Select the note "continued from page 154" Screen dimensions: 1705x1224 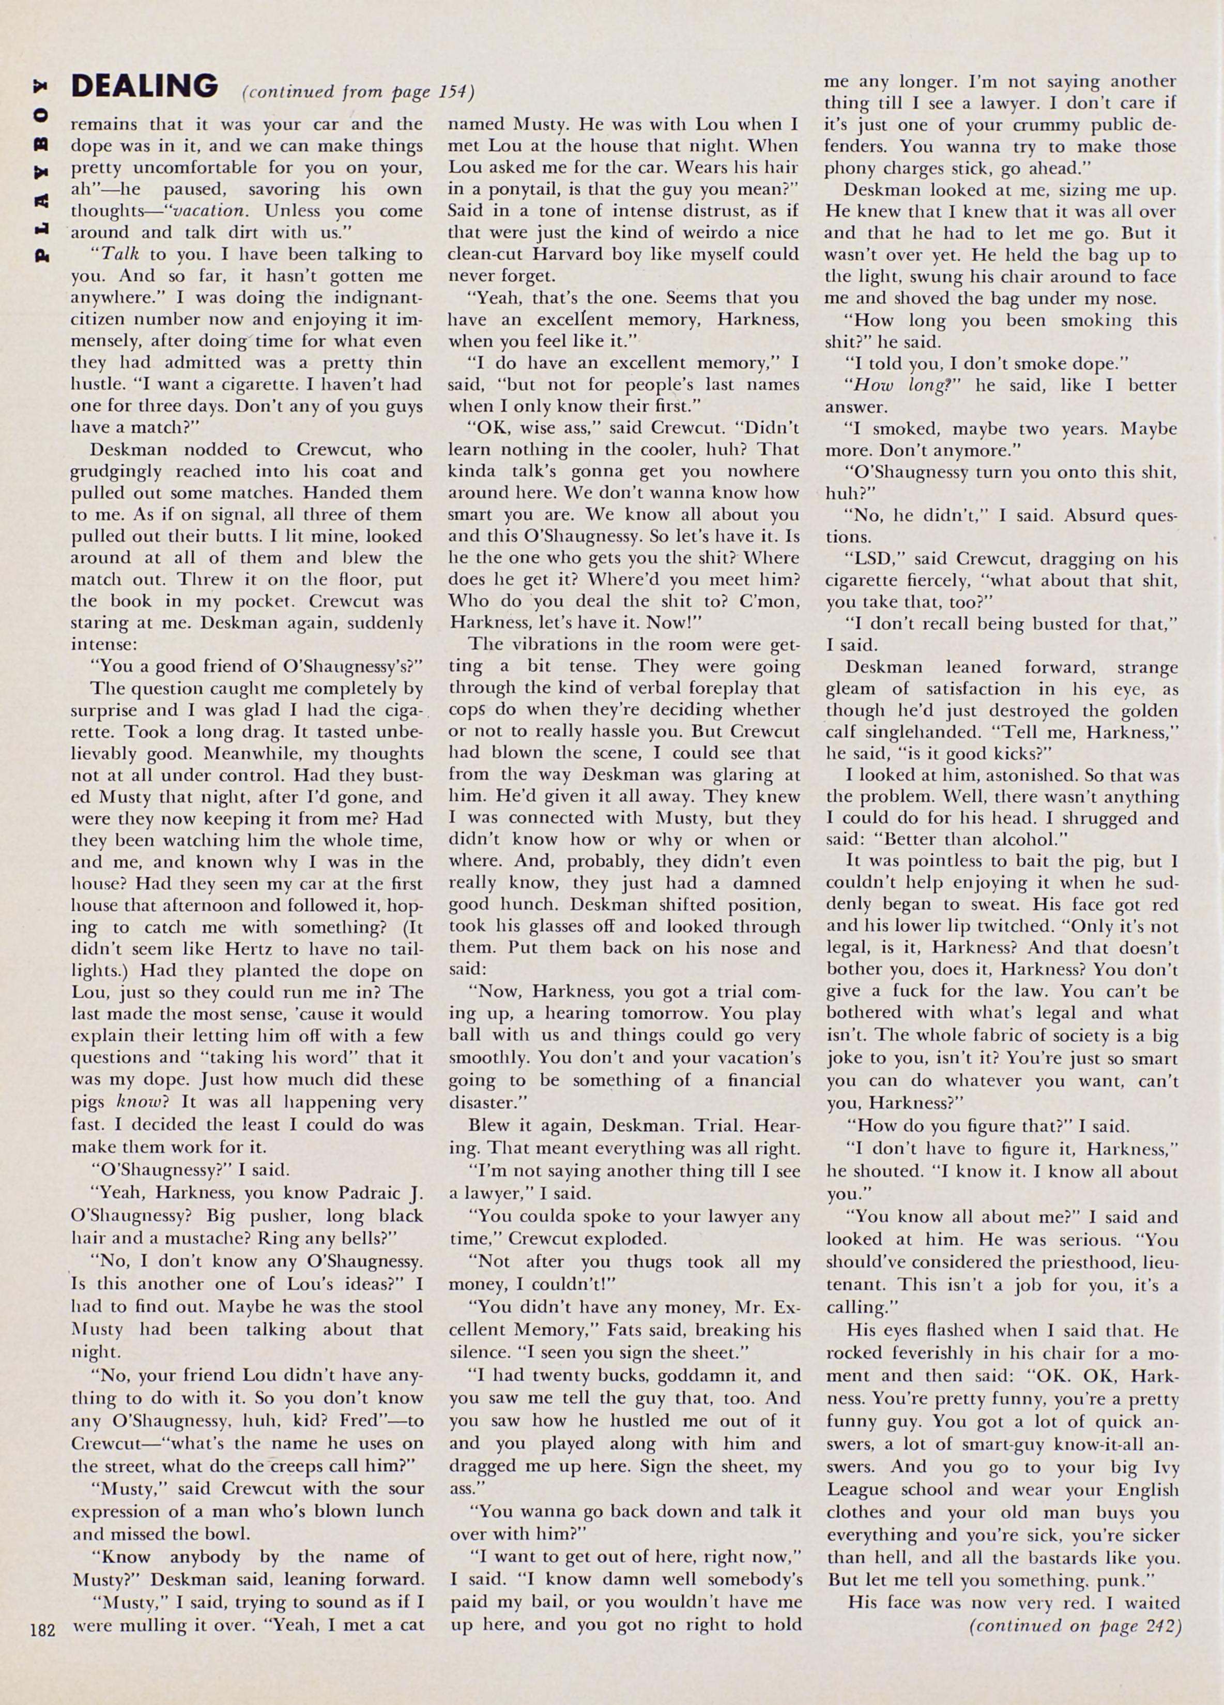click(x=359, y=93)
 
